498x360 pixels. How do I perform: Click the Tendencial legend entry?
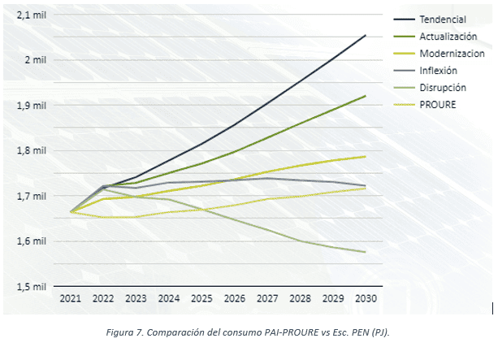coord(443,19)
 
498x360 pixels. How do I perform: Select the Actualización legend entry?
coord(448,36)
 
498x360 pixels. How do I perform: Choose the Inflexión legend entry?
coord(440,71)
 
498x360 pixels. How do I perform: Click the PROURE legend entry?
coord(437,105)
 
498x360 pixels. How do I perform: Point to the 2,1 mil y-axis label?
coord(32,15)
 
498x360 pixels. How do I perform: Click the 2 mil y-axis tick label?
coord(36,60)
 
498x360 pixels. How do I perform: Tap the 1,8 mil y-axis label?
coord(32,150)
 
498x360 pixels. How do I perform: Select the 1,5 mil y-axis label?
coord(32,286)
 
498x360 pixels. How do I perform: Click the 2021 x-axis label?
coord(71,299)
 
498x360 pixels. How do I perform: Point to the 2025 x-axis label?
coord(202,299)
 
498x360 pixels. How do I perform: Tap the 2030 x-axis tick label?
coord(366,299)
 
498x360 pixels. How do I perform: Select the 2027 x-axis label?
coord(267,299)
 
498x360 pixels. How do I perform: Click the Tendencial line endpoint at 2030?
coord(366,35)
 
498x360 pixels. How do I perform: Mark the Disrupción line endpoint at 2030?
coord(366,252)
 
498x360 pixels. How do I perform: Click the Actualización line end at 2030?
coord(366,96)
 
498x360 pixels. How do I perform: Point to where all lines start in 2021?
coord(71,211)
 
